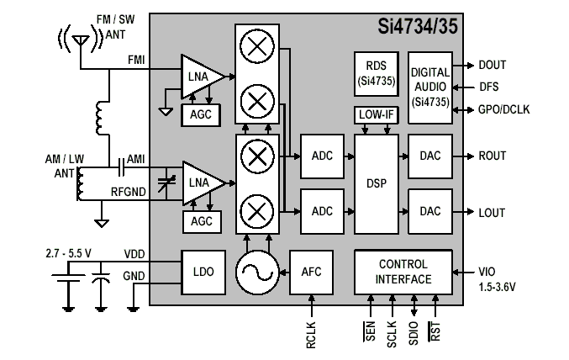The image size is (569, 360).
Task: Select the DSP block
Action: click(x=376, y=183)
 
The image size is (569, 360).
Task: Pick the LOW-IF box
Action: click(x=376, y=114)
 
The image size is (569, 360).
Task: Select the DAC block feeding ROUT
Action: click(x=429, y=156)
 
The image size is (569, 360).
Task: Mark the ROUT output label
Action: click(x=493, y=156)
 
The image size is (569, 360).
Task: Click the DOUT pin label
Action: click(x=493, y=64)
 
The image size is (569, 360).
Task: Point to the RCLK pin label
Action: click(x=311, y=334)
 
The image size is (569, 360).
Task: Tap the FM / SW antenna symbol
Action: click(x=82, y=40)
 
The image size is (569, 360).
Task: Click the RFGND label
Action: click(x=129, y=191)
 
